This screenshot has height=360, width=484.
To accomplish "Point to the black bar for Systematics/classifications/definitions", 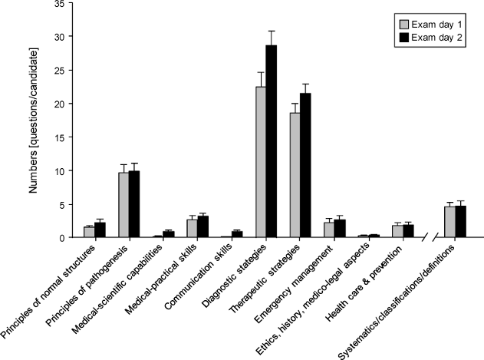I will click(460, 222).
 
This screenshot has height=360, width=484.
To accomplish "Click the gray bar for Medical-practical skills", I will click(192, 229).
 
